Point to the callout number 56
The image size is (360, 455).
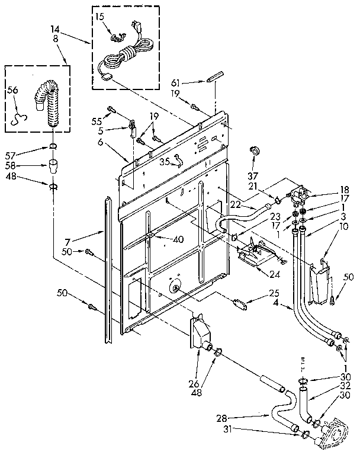coord(13,90)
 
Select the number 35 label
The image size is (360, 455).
coord(165,160)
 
